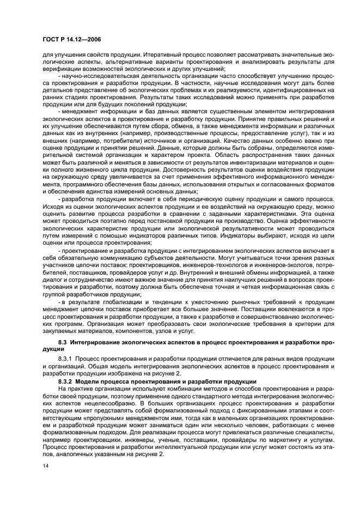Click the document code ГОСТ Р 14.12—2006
coord(70,39)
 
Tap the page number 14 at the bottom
coord(46,466)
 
